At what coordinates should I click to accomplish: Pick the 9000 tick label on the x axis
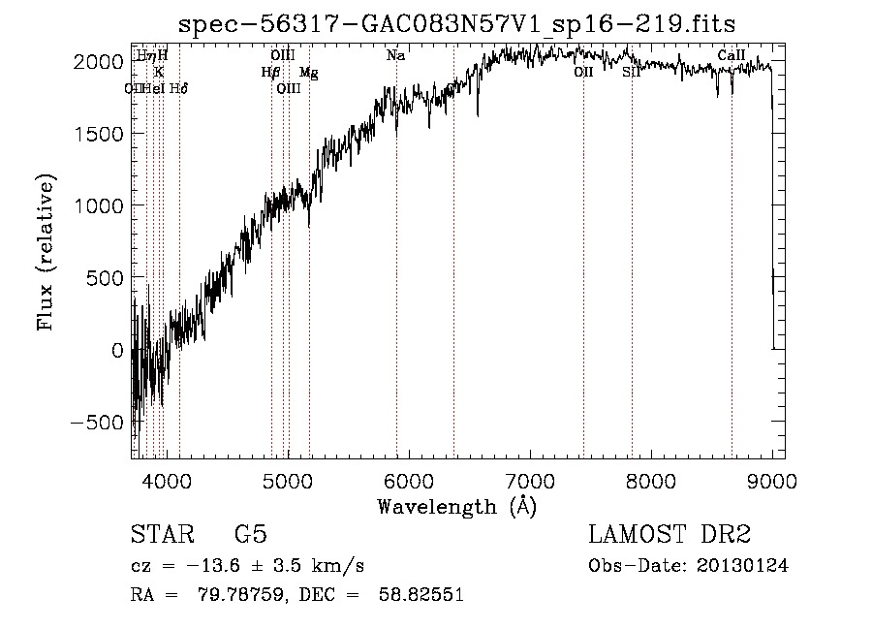(772, 481)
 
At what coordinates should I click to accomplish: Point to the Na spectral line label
(395, 56)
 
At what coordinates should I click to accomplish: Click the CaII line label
(732, 56)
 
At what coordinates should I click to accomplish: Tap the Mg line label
(308, 73)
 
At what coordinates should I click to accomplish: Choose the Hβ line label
(270, 73)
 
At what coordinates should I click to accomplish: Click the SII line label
(631, 73)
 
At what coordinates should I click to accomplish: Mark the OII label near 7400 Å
(583, 73)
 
